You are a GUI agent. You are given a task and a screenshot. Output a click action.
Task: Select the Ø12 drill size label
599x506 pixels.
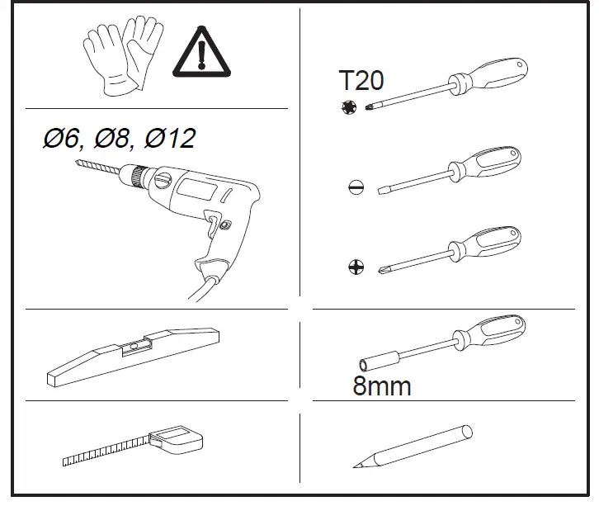point(169,138)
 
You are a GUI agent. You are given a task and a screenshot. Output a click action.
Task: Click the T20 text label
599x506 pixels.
point(361,81)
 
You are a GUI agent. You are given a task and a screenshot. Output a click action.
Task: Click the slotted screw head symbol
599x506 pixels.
point(355,187)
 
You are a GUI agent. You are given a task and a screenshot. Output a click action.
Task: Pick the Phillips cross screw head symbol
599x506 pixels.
point(355,266)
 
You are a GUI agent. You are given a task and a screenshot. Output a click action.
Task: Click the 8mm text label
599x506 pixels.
point(381,385)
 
